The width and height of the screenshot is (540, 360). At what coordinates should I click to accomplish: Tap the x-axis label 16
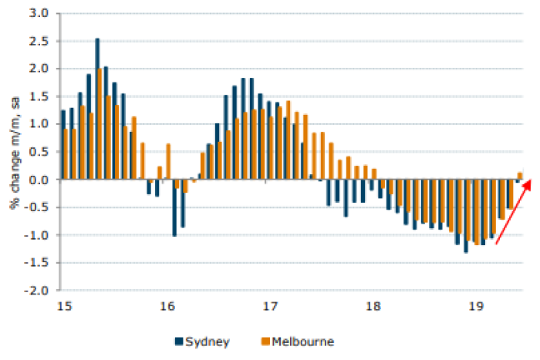[167, 307]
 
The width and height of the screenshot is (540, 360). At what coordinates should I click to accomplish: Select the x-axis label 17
[270, 307]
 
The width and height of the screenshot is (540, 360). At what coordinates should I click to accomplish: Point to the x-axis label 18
[373, 307]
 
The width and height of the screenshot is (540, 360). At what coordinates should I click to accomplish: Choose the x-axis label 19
[476, 307]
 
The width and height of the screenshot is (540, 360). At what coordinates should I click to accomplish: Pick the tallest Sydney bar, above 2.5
[97, 108]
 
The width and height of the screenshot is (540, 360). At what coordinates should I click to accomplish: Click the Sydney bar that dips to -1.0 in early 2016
[174, 207]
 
